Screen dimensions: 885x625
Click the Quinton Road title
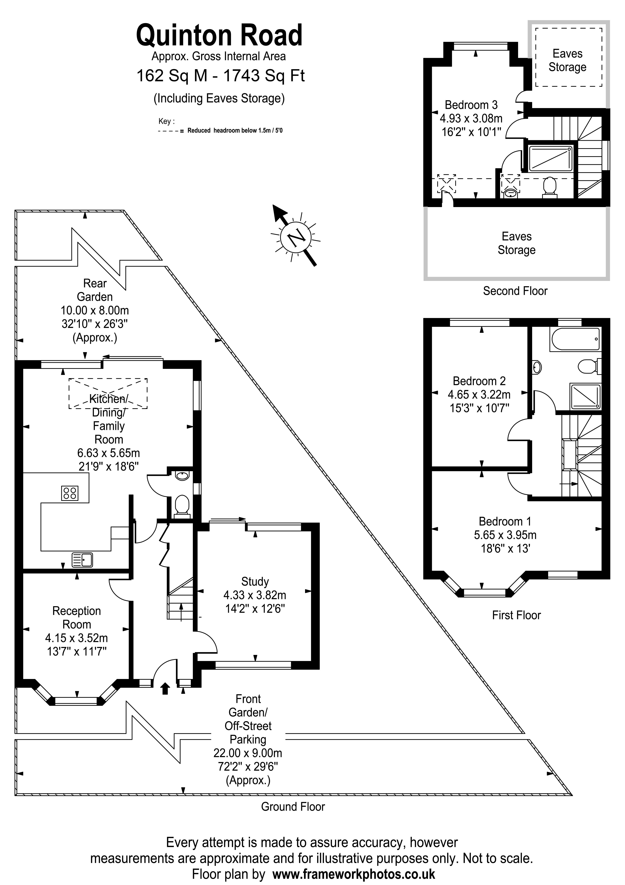coord(219,35)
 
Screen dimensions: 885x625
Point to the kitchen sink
coord(82,560)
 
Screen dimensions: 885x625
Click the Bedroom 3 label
coord(471,105)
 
